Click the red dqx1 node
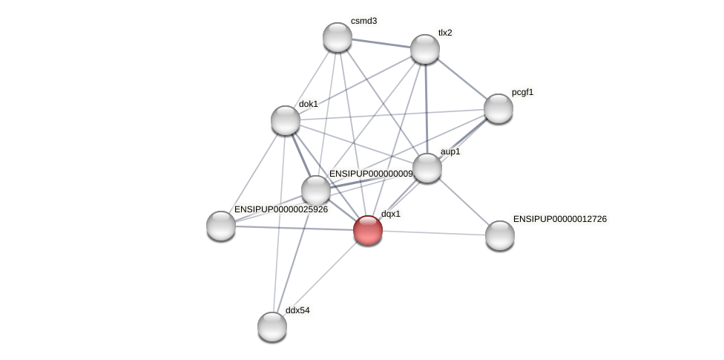tap(368, 230)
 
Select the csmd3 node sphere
tap(338, 37)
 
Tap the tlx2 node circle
tap(425, 49)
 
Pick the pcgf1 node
tap(498, 108)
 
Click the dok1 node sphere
tap(286, 120)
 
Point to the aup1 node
tap(427, 168)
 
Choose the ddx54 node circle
tap(272, 327)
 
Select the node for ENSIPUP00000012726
tap(500, 235)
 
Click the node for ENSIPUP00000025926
tap(221, 226)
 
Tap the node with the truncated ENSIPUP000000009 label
tap(316, 190)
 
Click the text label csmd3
tap(363, 21)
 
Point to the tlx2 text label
tap(445, 33)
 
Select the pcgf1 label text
tap(522, 92)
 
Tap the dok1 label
tap(309, 104)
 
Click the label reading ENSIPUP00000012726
tap(560, 219)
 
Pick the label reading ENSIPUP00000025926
tap(281, 210)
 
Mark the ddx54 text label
tap(297, 310)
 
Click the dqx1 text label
tap(391, 214)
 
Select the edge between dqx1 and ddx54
tap(320, 278)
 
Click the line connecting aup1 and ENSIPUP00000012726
tap(464, 201)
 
